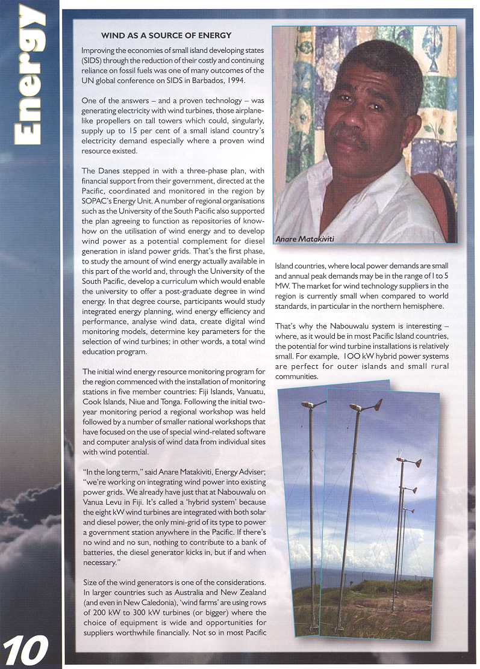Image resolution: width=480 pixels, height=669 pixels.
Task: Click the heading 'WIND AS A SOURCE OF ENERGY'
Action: click(166, 36)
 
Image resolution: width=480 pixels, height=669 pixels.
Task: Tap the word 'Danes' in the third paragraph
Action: click(110, 171)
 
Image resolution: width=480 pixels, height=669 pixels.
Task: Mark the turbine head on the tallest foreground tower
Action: click(366, 405)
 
